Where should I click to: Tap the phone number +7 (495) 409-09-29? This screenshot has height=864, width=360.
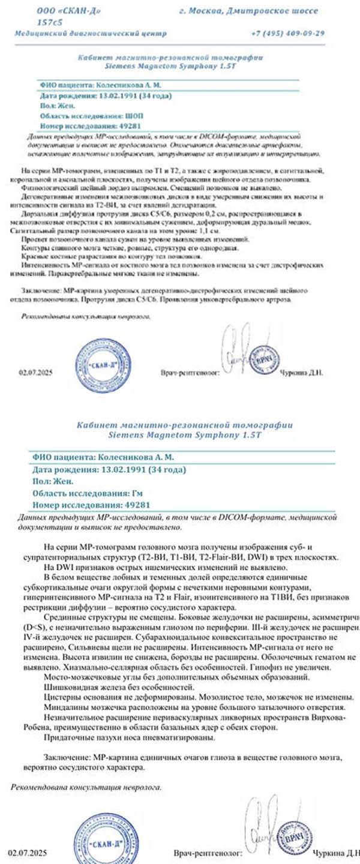tap(288, 33)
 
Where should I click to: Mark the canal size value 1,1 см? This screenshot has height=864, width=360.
tap(190, 230)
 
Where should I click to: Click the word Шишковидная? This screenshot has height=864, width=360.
tap(71, 685)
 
